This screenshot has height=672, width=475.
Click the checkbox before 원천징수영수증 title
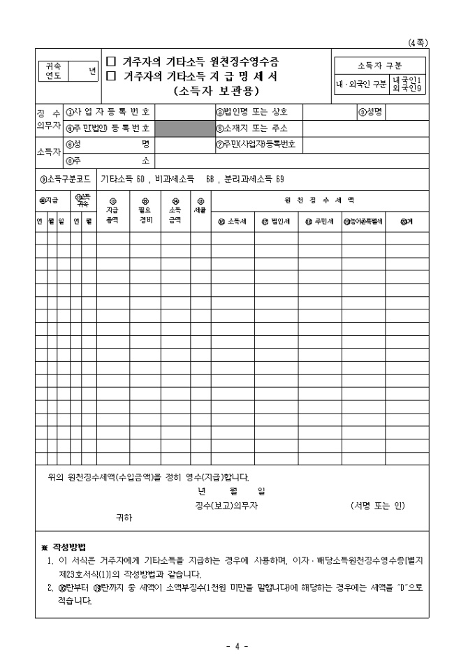click(109, 61)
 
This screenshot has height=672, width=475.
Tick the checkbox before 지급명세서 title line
click(109, 75)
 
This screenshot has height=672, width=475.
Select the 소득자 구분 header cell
click(379, 66)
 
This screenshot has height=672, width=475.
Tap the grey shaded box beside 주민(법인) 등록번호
click(184, 129)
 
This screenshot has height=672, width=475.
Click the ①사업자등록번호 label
click(108, 112)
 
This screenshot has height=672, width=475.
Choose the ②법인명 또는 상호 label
click(250, 112)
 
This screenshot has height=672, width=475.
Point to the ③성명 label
click(372, 112)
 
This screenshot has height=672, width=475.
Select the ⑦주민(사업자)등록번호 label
click(256, 145)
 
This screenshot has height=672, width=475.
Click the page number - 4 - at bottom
click(237, 645)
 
